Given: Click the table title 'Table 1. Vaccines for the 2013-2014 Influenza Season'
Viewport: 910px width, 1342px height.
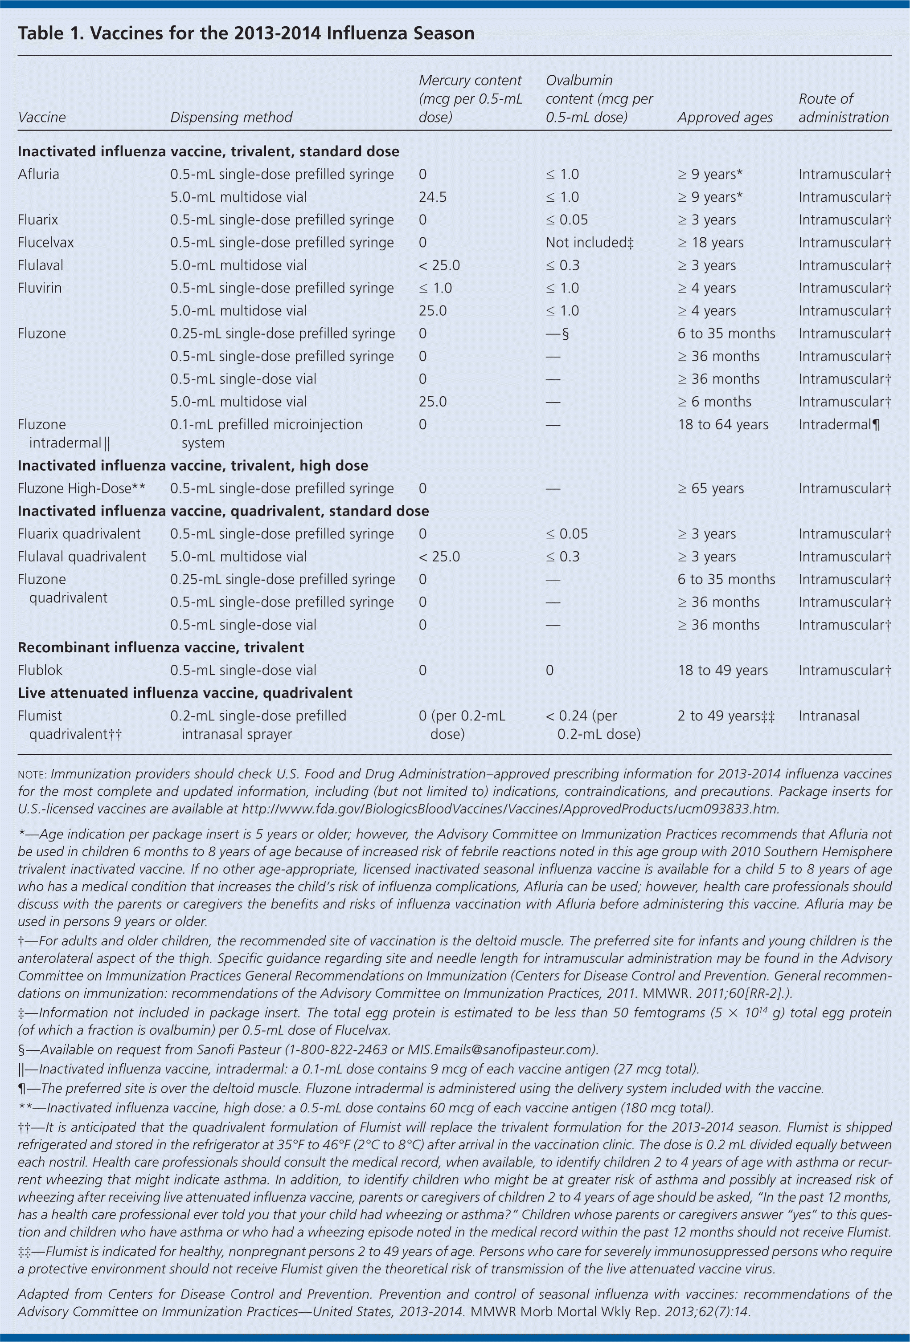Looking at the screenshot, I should (x=246, y=33).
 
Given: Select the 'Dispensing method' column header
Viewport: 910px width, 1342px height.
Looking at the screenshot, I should (x=231, y=117).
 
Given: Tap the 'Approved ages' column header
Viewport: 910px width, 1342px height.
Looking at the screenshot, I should (x=725, y=117).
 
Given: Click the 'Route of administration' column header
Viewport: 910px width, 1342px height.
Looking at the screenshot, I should (x=843, y=108).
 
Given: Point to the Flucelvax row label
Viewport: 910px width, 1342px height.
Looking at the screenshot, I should (x=45, y=243).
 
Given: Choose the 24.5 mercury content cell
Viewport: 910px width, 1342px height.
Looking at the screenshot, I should (x=432, y=197).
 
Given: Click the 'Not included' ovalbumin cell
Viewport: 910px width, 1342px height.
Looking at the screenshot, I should (x=589, y=243).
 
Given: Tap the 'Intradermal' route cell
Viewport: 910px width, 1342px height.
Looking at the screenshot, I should (x=838, y=424).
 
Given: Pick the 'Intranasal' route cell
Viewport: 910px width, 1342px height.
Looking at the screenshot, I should (x=828, y=716).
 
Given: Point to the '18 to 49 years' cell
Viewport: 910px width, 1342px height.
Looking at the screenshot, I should (x=722, y=671).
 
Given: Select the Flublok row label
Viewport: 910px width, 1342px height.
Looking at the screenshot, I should (x=40, y=671).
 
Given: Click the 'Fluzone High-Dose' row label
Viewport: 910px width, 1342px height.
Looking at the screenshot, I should (x=81, y=488).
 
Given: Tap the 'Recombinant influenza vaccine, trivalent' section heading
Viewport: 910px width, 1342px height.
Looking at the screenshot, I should (x=160, y=647).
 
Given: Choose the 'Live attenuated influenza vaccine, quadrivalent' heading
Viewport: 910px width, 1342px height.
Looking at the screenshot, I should (x=185, y=693).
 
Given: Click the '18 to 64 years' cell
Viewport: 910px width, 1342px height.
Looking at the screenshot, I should (x=722, y=424).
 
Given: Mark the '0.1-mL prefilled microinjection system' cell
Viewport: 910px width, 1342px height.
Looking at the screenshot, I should (x=266, y=433).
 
